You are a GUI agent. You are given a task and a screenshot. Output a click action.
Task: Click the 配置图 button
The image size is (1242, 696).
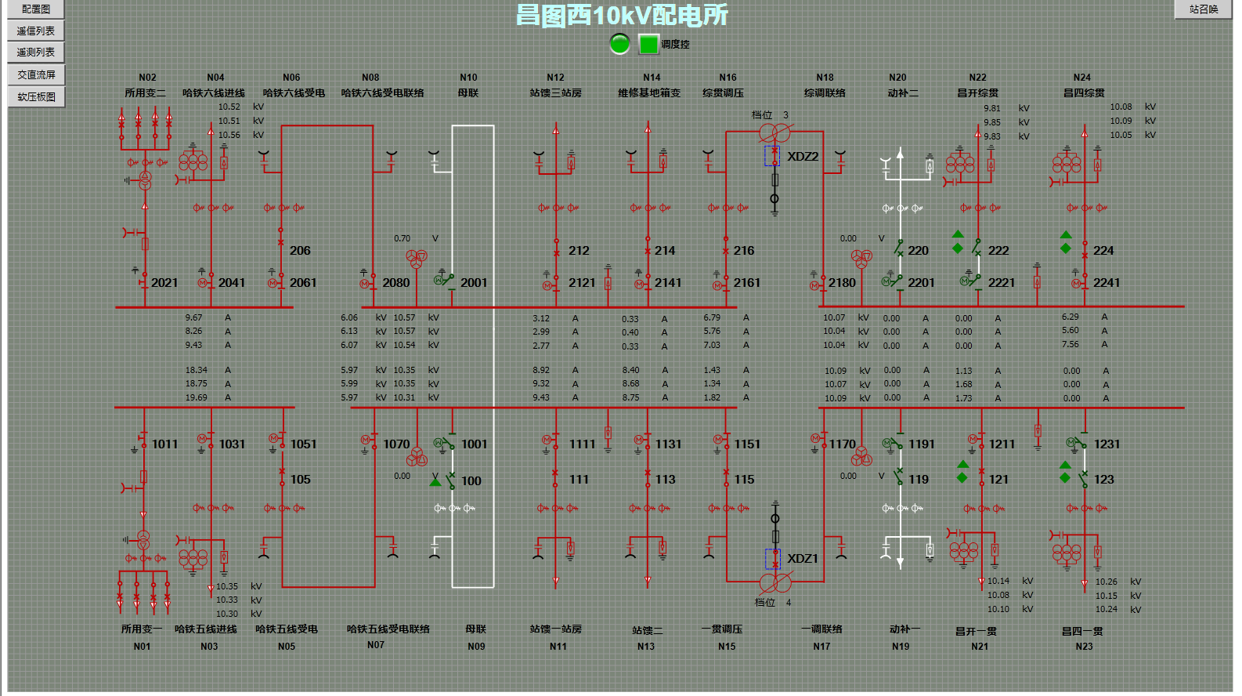pos(36,9)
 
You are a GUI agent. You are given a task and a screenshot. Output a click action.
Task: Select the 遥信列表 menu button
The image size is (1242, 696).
pos(36,31)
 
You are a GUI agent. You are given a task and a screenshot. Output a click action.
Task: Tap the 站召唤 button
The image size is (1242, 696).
pos(1203,9)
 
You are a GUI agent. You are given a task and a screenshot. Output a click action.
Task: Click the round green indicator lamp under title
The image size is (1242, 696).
pos(619,44)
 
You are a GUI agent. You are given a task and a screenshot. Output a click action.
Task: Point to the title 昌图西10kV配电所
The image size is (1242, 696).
pos(622,16)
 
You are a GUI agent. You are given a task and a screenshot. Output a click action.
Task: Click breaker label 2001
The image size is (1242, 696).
pos(474,283)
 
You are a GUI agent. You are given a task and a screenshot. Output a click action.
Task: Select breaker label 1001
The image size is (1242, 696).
pos(474,444)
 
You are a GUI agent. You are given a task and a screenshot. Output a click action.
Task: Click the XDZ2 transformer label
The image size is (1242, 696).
pos(803,157)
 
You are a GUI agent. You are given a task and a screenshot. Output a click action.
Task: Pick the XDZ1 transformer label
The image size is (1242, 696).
pos(803,559)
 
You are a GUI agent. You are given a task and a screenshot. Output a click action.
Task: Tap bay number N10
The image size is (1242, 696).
pos(468,78)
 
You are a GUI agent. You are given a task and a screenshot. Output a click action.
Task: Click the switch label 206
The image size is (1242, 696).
pos(300,251)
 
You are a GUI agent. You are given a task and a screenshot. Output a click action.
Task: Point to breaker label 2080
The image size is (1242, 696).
pos(395,283)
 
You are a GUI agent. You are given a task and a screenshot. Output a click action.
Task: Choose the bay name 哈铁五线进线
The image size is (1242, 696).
pos(205,629)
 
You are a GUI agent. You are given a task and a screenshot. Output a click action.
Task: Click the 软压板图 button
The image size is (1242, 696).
pos(36,97)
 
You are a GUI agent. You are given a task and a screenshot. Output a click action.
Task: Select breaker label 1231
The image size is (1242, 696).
pos(1107,444)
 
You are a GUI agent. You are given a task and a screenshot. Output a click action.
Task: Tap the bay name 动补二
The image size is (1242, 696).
pos(903,93)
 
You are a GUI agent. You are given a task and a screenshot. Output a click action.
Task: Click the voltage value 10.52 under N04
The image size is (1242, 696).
pos(229,107)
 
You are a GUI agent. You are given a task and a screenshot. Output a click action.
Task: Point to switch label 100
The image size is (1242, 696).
pos(471,481)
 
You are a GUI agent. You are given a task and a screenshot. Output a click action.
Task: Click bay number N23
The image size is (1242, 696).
pos(1084,647)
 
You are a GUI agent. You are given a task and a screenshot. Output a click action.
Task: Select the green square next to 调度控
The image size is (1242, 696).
pos(648,45)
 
